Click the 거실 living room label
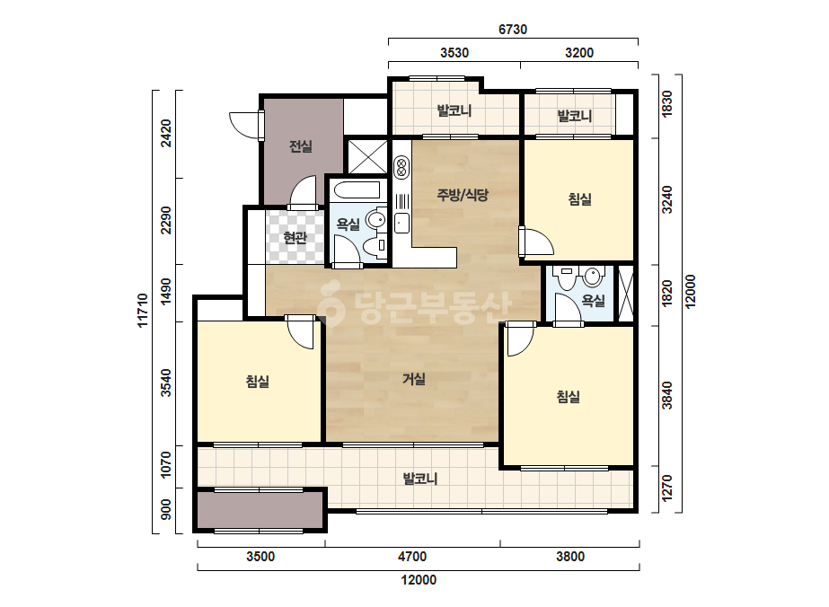point(414,379)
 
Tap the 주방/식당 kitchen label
point(462,195)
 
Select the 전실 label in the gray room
point(301,146)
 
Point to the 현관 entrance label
point(295,237)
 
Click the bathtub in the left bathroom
point(357,189)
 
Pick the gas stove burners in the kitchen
point(401,168)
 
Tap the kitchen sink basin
point(401,223)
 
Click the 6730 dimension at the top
point(513,30)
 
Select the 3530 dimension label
point(454,53)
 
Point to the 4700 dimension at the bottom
point(412,556)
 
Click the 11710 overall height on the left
point(143,311)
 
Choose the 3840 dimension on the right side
point(667,395)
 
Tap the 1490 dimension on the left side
point(166,291)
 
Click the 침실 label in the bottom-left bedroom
point(258,382)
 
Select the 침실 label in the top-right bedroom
point(580,199)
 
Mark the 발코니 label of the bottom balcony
point(419,479)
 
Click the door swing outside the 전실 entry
point(244,126)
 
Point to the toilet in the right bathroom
point(567,277)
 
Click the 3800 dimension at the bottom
point(570,556)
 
